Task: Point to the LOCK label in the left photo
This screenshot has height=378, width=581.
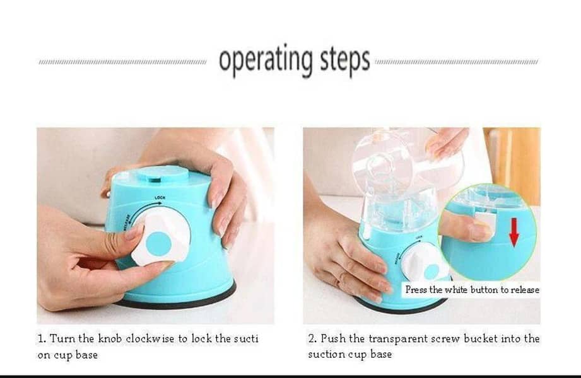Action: pos(160,198)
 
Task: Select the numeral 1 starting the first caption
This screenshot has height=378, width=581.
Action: pos(40,339)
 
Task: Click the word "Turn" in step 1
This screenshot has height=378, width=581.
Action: pos(62,339)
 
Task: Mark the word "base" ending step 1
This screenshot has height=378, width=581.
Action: pos(87,355)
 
